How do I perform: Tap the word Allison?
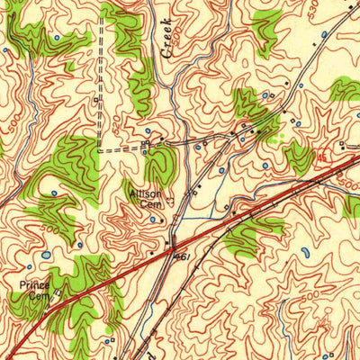(x=145, y=193)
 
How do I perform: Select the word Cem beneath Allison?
(x=148, y=203)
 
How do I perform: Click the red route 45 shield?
(x=321, y=157)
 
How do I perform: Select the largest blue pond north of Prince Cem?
(x=46, y=255)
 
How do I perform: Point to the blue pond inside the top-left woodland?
(x=56, y=38)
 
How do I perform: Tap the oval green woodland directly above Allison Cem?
(x=161, y=166)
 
